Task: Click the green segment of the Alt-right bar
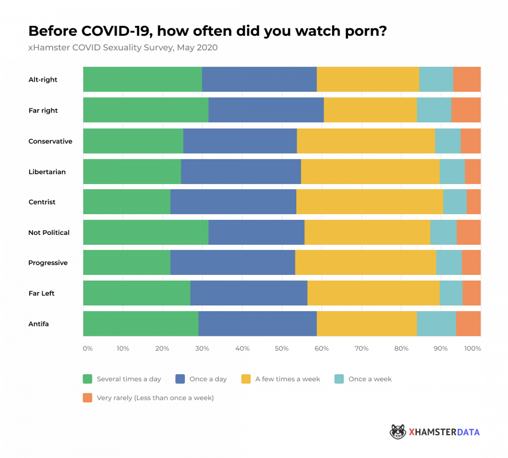point(142,79)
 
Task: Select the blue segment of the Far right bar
point(266,110)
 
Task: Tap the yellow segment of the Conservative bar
point(366,141)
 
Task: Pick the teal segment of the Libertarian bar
point(452,172)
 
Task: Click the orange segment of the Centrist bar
point(473,202)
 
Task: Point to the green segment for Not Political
point(146,232)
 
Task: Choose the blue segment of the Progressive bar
point(232,262)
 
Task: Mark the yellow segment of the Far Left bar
point(373,293)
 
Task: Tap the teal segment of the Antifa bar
point(436,323)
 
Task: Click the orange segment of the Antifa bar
point(468,323)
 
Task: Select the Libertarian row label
point(47,172)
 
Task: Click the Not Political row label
point(49,233)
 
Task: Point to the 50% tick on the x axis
point(281,349)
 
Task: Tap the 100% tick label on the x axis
point(472,349)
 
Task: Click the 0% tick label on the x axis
point(87,349)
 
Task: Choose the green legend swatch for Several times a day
point(87,379)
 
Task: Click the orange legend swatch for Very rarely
point(87,398)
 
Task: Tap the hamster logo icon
point(398,432)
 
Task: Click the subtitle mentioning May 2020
point(123,47)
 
